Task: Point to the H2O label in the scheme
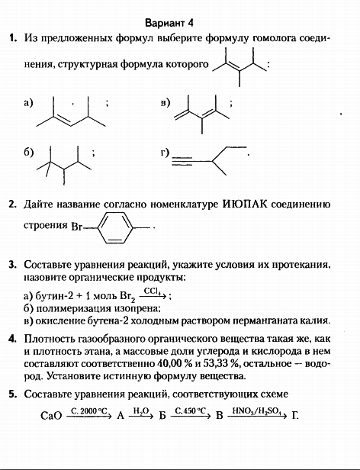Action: (140, 410)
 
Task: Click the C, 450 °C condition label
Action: (191, 410)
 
